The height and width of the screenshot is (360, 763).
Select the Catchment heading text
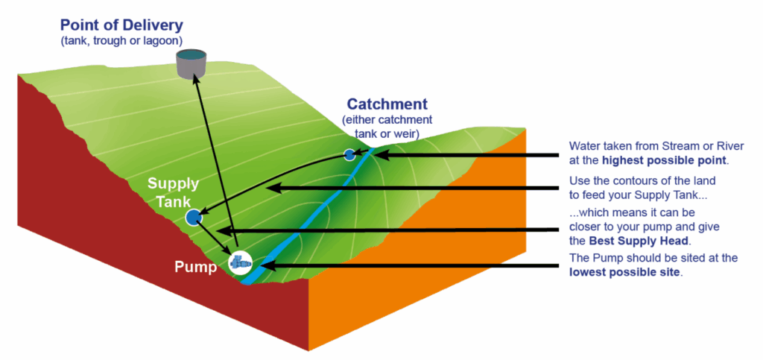(x=387, y=105)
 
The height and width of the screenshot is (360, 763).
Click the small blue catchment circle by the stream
(x=349, y=154)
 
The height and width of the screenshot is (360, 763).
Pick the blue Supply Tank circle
(x=194, y=218)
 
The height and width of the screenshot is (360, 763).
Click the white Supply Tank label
(x=172, y=192)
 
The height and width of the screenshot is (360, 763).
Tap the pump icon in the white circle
(x=240, y=262)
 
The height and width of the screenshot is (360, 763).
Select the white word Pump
(x=195, y=267)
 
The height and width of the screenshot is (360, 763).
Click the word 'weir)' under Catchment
(x=405, y=133)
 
